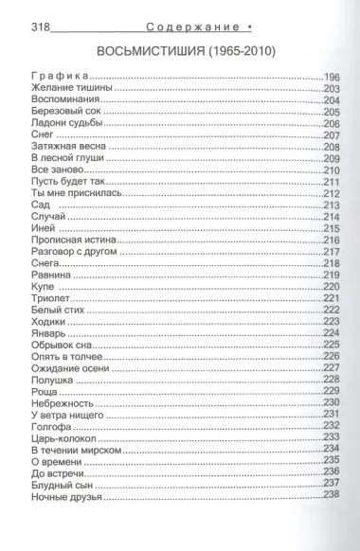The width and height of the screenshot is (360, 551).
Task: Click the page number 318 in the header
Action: tap(29, 12)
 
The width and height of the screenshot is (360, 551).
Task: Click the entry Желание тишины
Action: tap(70, 88)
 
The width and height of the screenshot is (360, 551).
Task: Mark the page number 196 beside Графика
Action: tap(331, 76)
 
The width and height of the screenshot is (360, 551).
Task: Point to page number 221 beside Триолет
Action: tap(331, 299)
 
